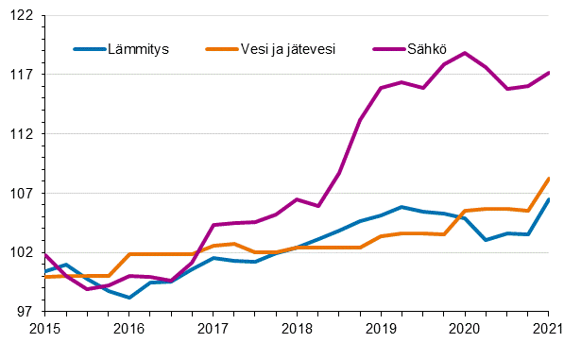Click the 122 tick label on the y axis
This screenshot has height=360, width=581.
click(x=21, y=16)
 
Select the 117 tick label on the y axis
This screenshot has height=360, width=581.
click(x=21, y=75)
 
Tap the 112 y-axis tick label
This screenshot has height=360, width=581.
click(x=21, y=134)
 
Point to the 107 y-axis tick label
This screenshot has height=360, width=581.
click(x=21, y=193)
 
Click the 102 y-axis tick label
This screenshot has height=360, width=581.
click(x=21, y=252)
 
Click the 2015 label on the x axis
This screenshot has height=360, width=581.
click(x=45, y=328)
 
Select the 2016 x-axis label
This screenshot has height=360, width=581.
click(x=129, y=328)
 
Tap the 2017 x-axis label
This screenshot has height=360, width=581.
click(x=214, y=328)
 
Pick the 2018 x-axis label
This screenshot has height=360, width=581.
click(x=297, y=328)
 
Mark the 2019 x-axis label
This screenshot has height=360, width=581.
click(x=381, y=328)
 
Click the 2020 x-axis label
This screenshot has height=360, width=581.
click(x=465, y=328)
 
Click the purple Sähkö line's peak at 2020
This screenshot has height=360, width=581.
click(x=465, y=53)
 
